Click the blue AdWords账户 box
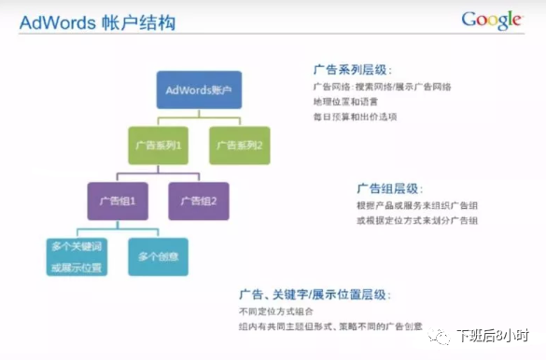(x=198, y=90)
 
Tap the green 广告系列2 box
(x=240, y=145)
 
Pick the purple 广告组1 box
(x=118, y=201)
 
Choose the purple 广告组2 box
(x=198, y=201)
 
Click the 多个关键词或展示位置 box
(x=77, y=256)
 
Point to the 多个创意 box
(x=158, y=256)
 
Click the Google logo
(x=491, y=21)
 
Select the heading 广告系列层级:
(x=353, y=70)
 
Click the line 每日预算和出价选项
(x=356, y=117)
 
